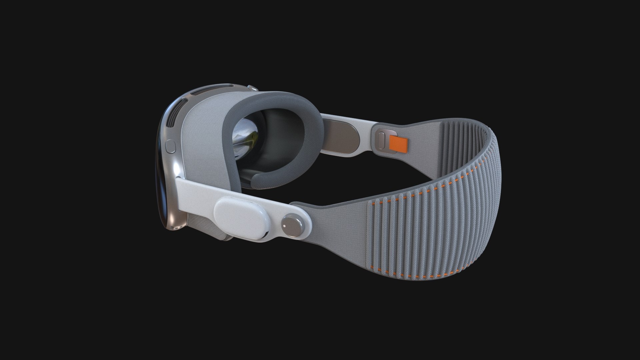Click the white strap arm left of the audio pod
click(x=197, y=193)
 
